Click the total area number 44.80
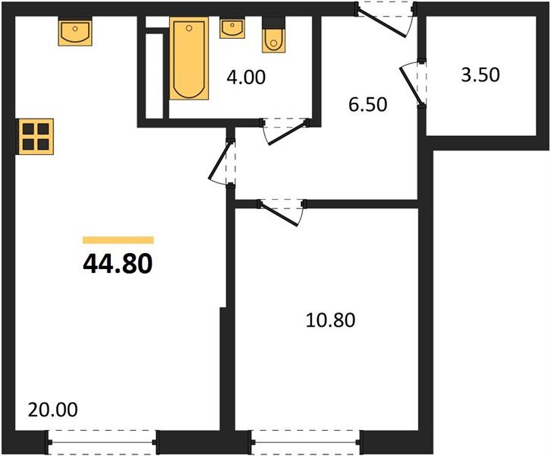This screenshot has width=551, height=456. tap(118, 263)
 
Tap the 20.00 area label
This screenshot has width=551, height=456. tap(52, 410)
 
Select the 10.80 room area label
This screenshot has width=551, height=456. tap(330, 320)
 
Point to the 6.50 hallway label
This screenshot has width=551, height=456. tap(368, 104)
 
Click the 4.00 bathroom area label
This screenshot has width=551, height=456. tap(246, 77)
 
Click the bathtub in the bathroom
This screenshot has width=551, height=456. tap(188, 60)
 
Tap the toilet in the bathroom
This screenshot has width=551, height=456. tap(273, 38)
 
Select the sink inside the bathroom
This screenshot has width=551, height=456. tap(231, 29)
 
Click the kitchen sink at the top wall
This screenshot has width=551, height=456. tap(74, 32)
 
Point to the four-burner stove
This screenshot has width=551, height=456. tap(36, 137)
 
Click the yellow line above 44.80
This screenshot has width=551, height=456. tap(118, 240)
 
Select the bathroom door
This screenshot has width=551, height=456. tap(285, 130)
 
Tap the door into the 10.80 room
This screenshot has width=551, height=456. tap(281, 211)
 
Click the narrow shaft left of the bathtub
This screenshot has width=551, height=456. tap(155, 74)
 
